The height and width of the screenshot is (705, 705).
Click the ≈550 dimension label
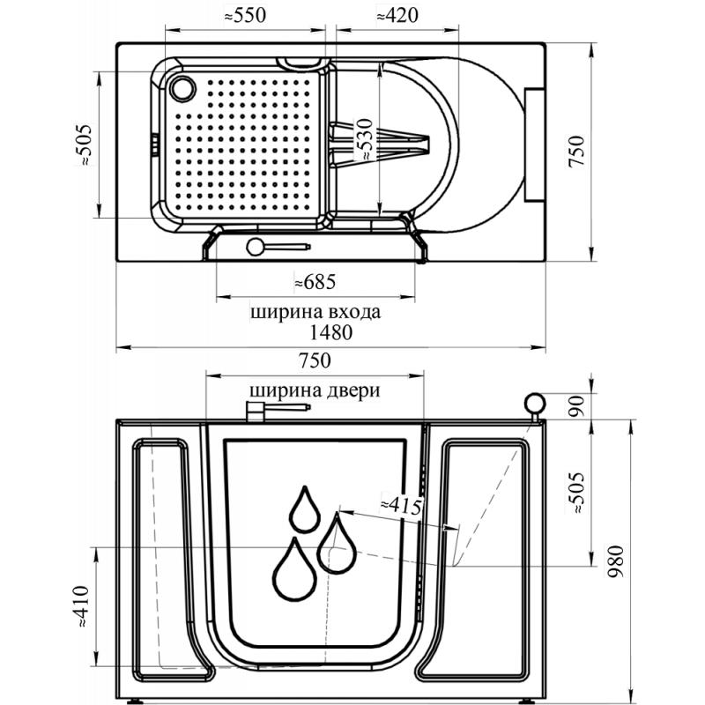(x=245, y=16)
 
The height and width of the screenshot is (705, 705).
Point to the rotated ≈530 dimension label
(x=366, y=138)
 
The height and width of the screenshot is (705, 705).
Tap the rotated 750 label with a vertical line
(x=576, y=152)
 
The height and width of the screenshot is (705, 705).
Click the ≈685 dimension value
(x=315, y=282)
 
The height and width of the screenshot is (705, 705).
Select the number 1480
(x=331, y=334)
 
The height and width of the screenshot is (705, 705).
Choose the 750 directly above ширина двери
(x=315, y=360)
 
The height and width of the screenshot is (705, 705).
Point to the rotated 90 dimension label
(x=576, y=406)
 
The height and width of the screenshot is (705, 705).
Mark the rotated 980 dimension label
(x=616, y=562)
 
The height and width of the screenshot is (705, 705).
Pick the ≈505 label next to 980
(x=576, y=493)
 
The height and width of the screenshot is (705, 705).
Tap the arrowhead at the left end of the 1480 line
(x=125, y=347)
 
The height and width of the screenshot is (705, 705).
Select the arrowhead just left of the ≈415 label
(x=348, y=512)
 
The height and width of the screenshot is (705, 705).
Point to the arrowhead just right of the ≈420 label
(x=452, y=30)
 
